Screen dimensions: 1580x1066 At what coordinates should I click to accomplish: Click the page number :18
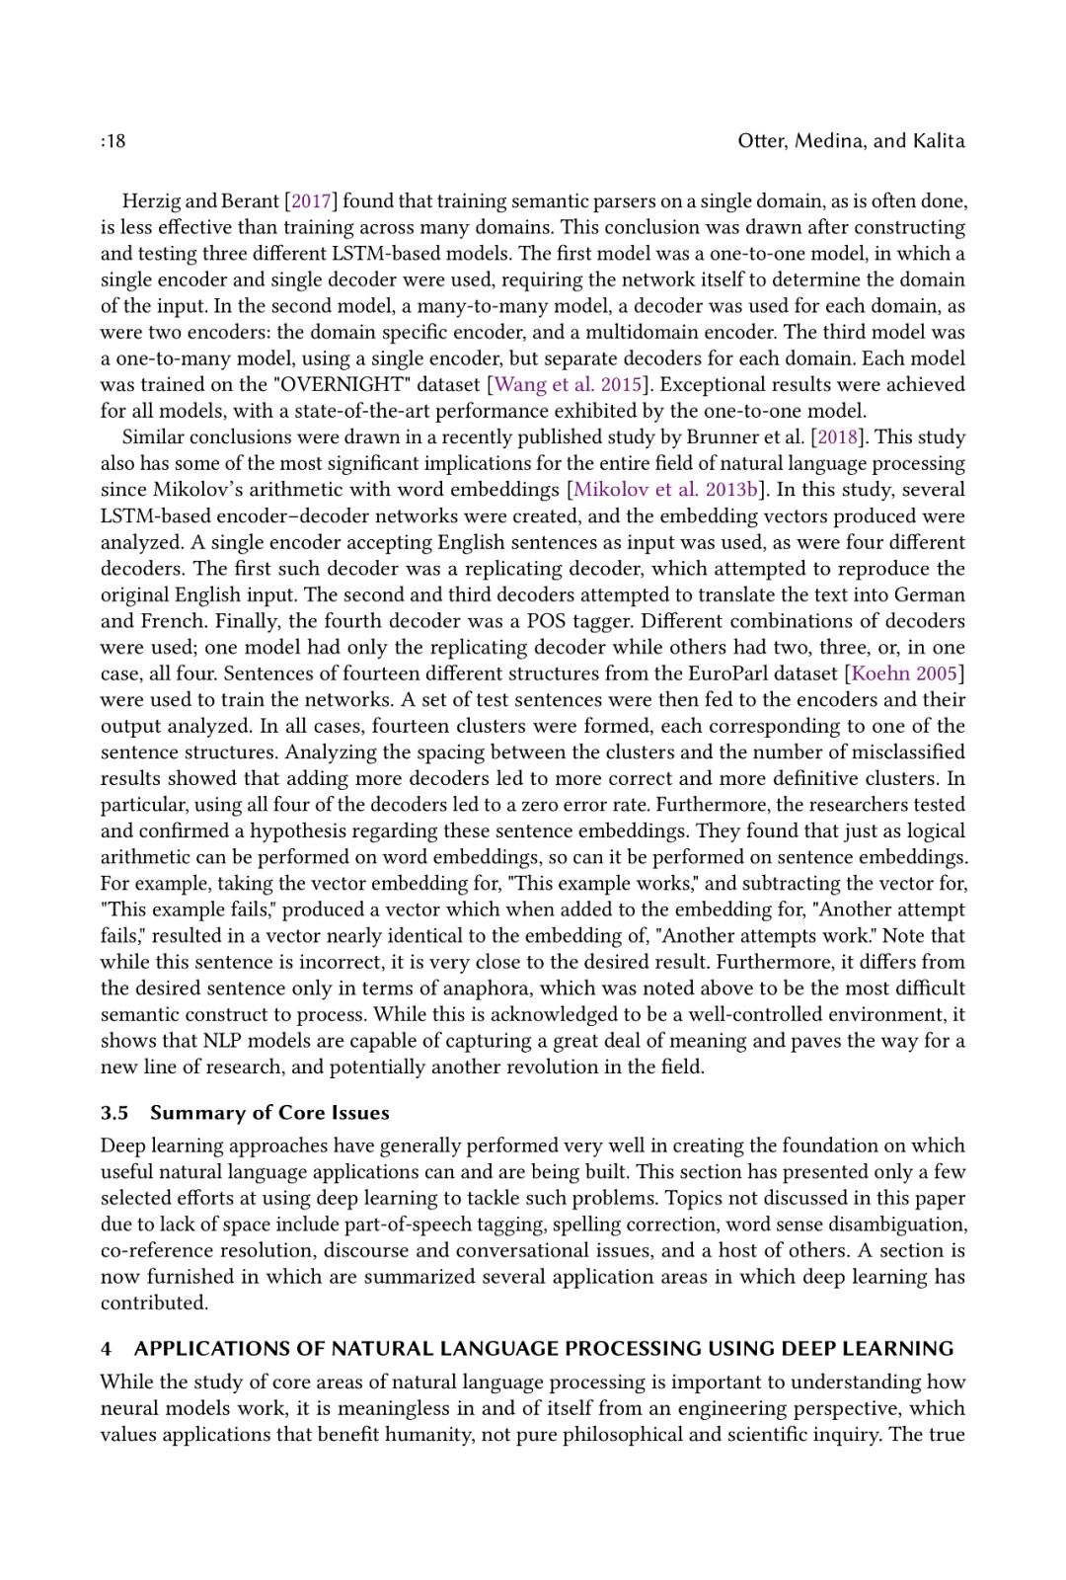113,141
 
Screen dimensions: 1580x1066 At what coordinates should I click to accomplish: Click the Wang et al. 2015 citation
568,385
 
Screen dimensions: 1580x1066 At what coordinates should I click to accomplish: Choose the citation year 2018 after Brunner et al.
836,437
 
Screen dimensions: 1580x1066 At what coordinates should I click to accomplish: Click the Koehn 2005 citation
904,673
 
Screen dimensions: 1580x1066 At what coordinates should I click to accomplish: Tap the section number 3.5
114,1113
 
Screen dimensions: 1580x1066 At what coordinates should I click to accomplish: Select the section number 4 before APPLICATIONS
106,1349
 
